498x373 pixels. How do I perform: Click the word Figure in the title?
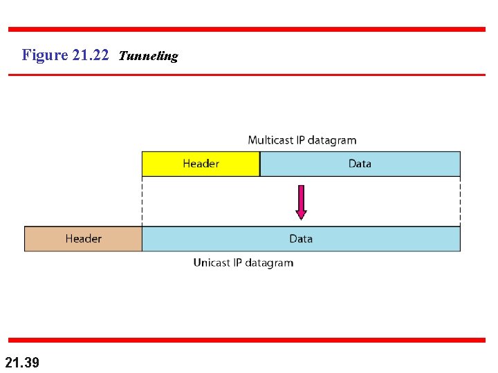click(x=44, y=55)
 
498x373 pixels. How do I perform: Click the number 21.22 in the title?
click(x=90, y=55)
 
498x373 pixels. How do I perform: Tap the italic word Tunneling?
click(x=148, y=56)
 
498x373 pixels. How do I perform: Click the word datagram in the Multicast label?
click(x=332, y=140)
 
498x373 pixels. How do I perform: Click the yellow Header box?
click(x=201, y=164)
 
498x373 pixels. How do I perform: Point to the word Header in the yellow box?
click(x=201, y=164)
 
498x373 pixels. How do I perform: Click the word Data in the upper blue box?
click(x=360, y=164)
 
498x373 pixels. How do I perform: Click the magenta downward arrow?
click(x=301, y=202)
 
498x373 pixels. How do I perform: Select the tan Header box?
click(x=83, y=238)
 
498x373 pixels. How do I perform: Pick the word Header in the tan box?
click(x=83, y=238)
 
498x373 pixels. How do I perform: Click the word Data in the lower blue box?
click(x=301, y=238)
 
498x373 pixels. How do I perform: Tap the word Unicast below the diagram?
click(x=213, y=262)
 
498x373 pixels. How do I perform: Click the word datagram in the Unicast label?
click(x=269, y=262)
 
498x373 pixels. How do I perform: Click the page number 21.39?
click(x=22, y=361)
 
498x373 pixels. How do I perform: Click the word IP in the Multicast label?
click(x=300, y=140)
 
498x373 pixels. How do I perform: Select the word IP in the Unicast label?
click(x=238, y=262)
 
